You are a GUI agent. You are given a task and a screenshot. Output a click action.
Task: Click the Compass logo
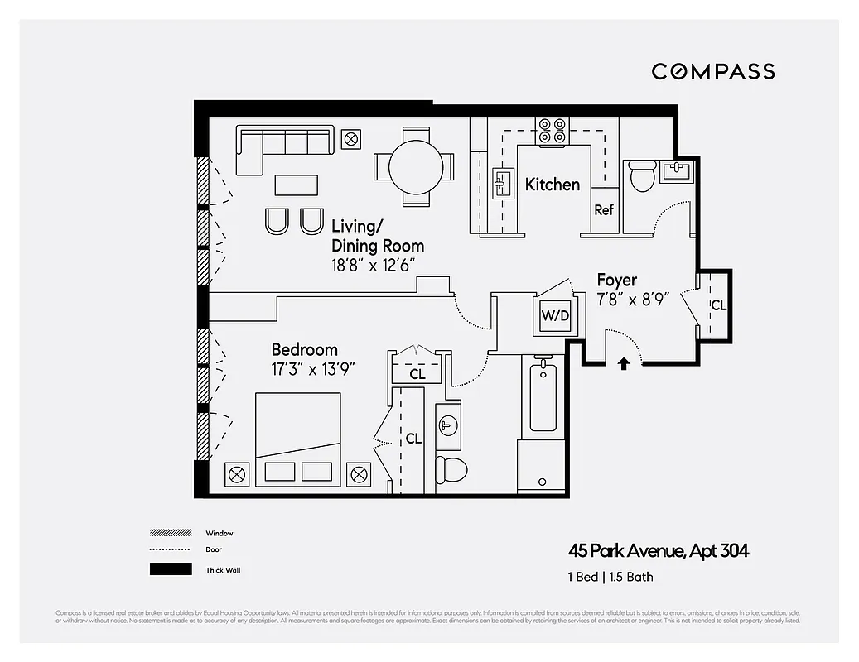coord(712,71)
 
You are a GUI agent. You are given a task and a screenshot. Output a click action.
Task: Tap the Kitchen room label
coord(552,185)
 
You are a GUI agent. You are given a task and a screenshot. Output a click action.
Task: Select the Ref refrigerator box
coord(604,210)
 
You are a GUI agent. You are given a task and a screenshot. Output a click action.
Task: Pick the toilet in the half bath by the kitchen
coord(641,177)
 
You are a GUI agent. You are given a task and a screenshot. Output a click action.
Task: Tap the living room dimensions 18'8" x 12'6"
coord(373,266)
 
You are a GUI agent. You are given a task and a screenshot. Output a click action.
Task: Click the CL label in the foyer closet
coord(718,305)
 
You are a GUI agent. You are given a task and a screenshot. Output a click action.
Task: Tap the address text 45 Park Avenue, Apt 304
coord(659,551)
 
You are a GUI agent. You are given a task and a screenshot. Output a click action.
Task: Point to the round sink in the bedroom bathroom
coord(448,426)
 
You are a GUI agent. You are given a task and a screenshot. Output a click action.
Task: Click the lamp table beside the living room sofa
coord(350,139)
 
